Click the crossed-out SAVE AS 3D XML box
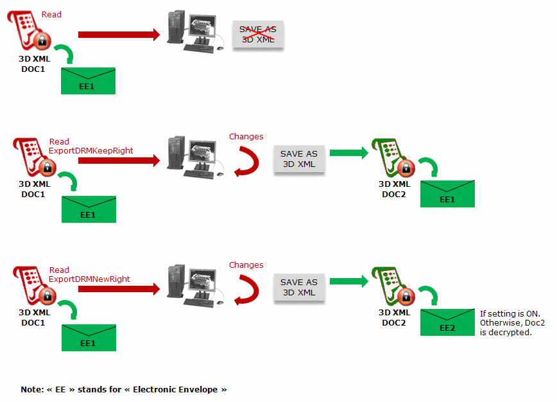click(258, 34)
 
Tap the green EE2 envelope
click(447, 322)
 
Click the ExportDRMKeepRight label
click(91, 151)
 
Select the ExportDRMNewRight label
click(89, 279)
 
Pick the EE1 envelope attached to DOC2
click(447, 194)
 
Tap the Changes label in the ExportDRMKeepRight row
click(246, 136)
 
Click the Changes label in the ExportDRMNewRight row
click(246, 265)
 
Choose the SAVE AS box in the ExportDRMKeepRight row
click(299, 159)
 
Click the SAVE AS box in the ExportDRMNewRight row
click(299, 287)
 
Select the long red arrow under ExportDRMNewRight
click(119, 290)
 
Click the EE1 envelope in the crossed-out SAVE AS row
click(88, 81)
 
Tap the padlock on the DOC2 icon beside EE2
click(405, 297)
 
